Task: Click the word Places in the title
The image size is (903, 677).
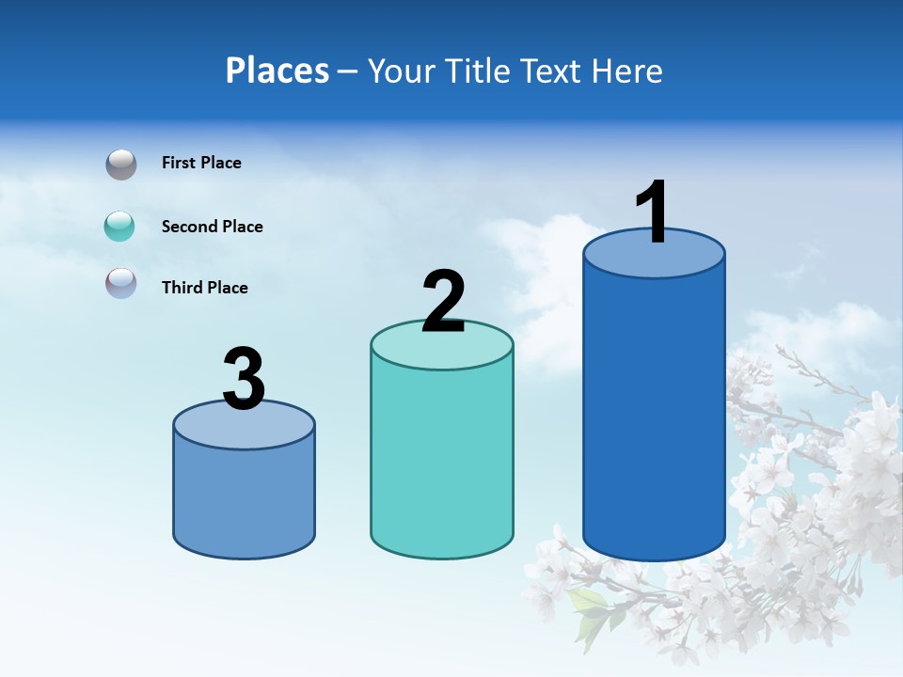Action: (277, 71)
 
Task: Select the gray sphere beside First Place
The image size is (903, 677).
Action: (120, 164)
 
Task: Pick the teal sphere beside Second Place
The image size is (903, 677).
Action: (120, 226)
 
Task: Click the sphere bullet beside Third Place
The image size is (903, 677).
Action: (120, 283)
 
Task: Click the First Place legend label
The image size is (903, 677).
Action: (201, 163)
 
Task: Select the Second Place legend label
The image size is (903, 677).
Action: (212, 227)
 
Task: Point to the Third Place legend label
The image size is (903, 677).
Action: (204, 288)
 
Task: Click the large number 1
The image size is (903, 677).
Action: (652, 213)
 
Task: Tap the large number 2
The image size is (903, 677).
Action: (443, 302)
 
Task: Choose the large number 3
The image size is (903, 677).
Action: (244, 380)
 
